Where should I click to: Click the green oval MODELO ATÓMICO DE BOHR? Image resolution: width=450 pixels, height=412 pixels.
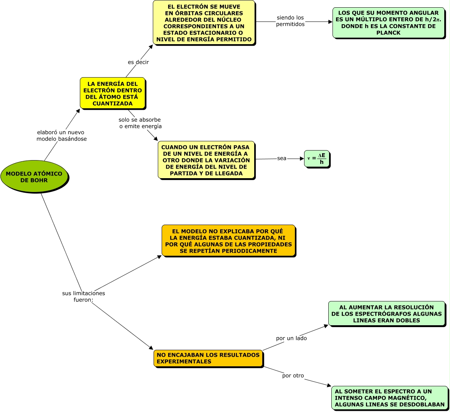(34, 177)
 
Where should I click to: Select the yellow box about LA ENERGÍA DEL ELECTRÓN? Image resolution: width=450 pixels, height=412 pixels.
(112, 93)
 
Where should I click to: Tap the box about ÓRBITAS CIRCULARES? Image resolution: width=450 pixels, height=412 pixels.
(204, 23)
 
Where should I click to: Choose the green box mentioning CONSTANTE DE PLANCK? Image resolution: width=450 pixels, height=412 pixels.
(388, 23)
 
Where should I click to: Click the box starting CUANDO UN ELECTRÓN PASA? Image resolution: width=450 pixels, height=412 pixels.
(206, 160)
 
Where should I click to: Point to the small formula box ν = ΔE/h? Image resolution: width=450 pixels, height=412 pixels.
(317, 159)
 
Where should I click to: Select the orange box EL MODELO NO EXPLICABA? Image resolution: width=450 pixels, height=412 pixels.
(228, 241)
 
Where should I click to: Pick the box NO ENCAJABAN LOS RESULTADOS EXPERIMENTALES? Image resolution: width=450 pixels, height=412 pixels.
(208, 358)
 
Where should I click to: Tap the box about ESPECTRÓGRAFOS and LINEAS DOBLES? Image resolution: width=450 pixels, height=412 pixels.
(387, 314)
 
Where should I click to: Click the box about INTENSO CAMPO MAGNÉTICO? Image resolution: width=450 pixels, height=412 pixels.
(389, 397)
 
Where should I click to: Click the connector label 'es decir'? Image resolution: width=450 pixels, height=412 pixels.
(138, 62)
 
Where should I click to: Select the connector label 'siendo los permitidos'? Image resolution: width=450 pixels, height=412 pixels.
(290, 21)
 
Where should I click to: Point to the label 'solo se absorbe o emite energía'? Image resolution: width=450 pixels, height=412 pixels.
(140, 123)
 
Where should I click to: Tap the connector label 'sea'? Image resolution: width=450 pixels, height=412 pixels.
(282, 158)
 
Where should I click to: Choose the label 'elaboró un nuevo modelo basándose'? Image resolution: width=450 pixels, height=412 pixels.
(61, 136)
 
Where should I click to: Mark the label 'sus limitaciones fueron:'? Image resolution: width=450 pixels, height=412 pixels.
(83, 296)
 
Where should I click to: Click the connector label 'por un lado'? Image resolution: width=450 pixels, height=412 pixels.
(291, 338)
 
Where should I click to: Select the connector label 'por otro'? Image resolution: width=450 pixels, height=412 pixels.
(293, 376)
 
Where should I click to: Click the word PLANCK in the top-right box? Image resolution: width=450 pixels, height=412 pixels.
(388, 33)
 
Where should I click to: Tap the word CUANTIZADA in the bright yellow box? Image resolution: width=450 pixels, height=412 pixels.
(112, 103)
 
